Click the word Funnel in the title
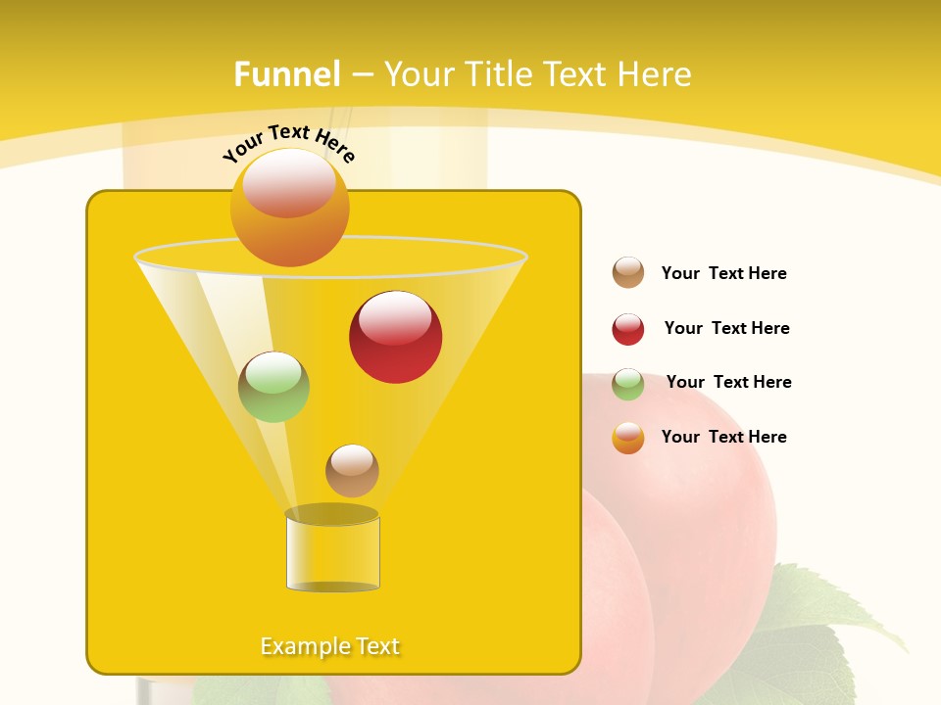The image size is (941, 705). (286, 74)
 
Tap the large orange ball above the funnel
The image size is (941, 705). (289, 207)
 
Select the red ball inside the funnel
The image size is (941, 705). (395, 337)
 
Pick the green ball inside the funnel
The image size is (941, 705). (274, 387)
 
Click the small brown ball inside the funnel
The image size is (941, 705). (352, 470)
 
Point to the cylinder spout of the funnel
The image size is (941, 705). (332, 550)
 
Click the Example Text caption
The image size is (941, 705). (330, 646)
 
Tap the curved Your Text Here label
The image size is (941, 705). (289, 143)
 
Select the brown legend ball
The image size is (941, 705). (628, 272)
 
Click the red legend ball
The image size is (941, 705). (628, 329)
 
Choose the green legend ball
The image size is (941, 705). (628, 384)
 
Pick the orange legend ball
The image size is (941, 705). (628, 438)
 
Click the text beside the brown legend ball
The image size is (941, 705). (723, 273)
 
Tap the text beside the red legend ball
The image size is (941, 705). (726, 328)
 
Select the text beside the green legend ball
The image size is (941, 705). (728, 382)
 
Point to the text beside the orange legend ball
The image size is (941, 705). (723, 437)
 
